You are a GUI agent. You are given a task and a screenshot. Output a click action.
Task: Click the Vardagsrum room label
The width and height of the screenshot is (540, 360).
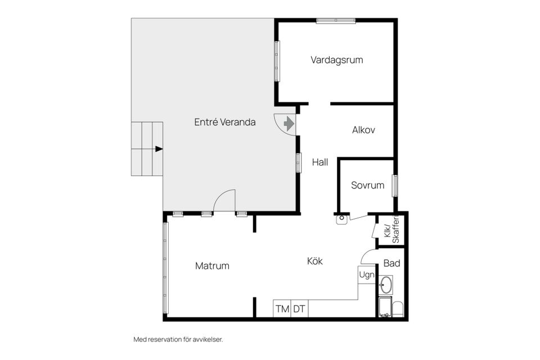pos(336,60)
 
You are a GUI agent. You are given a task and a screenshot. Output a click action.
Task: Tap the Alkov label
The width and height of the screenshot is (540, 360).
pos(363,130)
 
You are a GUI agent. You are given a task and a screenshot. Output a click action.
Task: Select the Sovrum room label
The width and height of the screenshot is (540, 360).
pos(367,185)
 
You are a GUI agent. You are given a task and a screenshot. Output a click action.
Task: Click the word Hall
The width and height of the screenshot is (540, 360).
pos(320,162)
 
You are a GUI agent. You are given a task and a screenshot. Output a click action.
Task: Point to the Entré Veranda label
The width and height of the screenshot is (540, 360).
pos(225,122)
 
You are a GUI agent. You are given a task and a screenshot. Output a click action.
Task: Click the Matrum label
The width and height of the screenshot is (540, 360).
pos(212,266)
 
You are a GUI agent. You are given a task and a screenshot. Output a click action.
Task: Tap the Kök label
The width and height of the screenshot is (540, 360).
pos(315,261)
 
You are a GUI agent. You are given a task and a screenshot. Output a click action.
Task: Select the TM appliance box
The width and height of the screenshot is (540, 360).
pos(282,309)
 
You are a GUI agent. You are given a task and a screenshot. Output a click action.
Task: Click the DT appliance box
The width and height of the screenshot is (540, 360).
pos(299,309)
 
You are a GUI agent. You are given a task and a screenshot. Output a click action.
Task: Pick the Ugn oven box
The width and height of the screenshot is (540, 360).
pos(367,275)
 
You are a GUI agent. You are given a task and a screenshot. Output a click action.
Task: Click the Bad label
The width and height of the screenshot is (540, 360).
pos(391,263)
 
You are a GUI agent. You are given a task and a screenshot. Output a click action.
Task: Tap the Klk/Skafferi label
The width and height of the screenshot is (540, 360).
pos(391,230)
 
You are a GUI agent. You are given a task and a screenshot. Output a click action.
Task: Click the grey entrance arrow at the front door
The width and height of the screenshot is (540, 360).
pos(289,123)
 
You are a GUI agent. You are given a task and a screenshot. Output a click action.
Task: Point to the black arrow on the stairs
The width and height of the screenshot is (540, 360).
pos(159,149)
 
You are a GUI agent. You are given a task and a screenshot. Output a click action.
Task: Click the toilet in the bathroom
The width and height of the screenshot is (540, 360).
pos(397,309)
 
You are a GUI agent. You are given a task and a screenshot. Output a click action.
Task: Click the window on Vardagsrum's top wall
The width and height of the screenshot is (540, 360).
pos(335,21)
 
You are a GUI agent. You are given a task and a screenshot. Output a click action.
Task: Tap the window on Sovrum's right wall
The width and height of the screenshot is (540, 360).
pos(395,185)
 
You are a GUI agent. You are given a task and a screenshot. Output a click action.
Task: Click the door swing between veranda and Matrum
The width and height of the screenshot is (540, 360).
pos(224,201)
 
